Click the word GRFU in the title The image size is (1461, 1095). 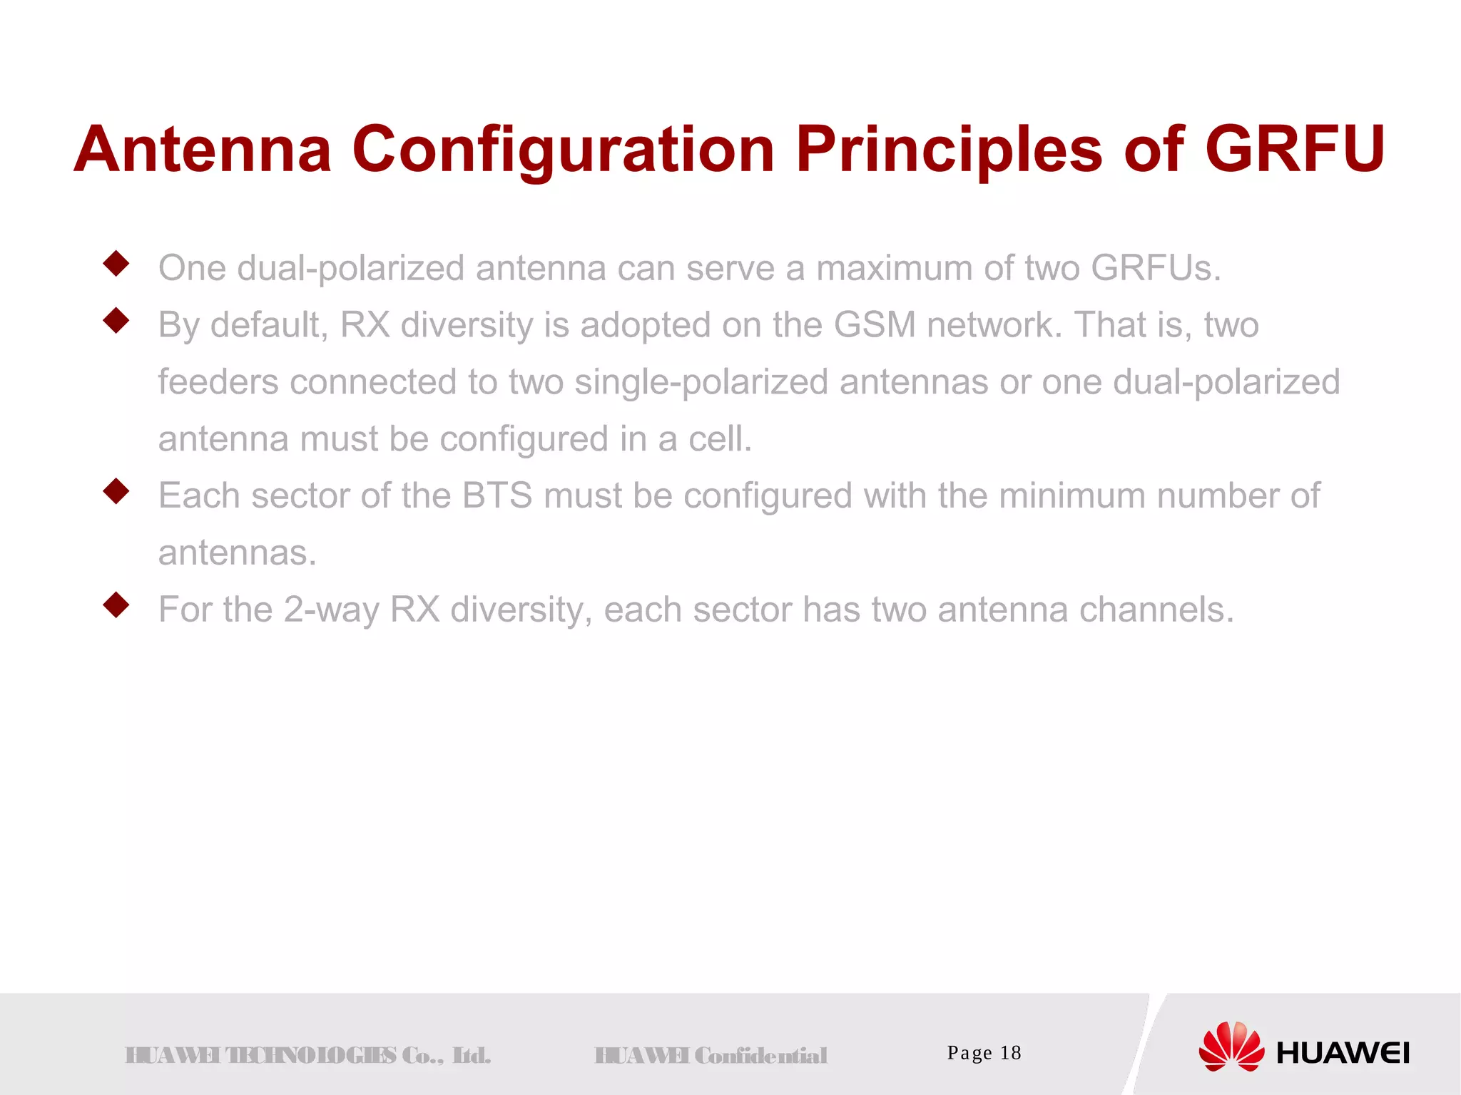[1294, 150]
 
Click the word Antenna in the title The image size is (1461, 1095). [203, 150]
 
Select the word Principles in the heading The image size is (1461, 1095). [950, 150]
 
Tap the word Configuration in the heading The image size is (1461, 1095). [564, 150]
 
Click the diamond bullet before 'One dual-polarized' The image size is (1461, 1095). [116, 264]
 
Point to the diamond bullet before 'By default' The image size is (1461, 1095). [116, 321]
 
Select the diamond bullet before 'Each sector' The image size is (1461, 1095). [116, 491]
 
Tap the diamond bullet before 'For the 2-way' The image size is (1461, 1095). [116, 605]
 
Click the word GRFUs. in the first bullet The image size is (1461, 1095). [1156, 269]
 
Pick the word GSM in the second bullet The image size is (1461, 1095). [875, 325]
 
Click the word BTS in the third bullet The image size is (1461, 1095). [497, 495]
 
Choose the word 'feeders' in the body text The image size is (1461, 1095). [218, 382]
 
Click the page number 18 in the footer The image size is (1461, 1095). [1010, 1053]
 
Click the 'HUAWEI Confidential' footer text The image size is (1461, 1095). [711, 1055]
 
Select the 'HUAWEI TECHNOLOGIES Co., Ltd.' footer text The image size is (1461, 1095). [308, 1055]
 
